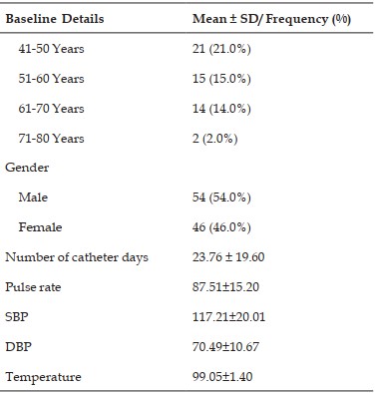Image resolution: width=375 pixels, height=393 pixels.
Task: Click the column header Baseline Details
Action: tap(55, 19)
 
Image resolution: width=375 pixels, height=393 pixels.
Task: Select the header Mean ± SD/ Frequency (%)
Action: tap(271, 19)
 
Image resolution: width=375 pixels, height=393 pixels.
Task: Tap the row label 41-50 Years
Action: tap(51, 49)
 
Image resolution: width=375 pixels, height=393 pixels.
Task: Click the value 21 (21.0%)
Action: tap(221, 49)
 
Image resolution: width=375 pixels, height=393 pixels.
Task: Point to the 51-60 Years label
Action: tap(51, 79)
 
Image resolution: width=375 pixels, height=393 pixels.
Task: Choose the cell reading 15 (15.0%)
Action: tap(221, 79)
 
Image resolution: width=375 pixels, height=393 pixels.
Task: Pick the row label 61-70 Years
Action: tap(51, 109)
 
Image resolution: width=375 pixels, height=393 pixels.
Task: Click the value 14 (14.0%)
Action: tap(221, 109)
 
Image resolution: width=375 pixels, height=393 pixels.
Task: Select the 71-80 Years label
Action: tap(51, 139)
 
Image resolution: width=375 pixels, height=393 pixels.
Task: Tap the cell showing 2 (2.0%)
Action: tap(215, 139)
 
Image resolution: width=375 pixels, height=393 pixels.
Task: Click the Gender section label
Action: tap(27, 168)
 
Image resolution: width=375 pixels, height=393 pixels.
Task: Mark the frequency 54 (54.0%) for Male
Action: tap(221, 197)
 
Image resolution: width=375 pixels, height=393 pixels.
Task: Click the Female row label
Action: tap(40, 227)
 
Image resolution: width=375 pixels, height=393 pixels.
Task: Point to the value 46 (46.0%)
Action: tap(221, 227)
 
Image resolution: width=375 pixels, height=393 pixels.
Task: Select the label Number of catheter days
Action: tap(77, 257)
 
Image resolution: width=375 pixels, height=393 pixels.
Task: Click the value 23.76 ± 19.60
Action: tap(228, 257)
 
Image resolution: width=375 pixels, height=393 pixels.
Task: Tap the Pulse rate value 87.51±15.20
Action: tap(225, 287)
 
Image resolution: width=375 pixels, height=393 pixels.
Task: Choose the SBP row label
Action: tap(17, 316)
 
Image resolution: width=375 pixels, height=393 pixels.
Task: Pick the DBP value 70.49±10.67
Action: tap(225, 347)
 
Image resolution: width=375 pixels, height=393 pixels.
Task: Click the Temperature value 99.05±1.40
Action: tap(222, 377)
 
